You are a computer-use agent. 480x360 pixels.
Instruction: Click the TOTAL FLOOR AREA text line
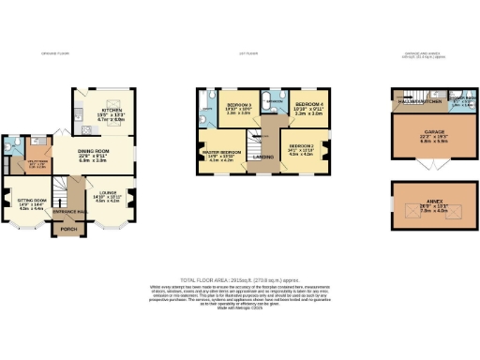click(239, 280)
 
